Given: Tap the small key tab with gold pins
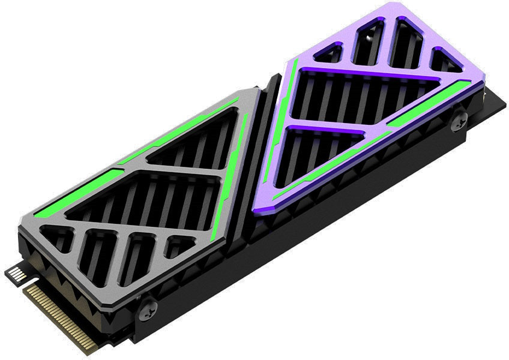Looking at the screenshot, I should (x=17, y=277).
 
